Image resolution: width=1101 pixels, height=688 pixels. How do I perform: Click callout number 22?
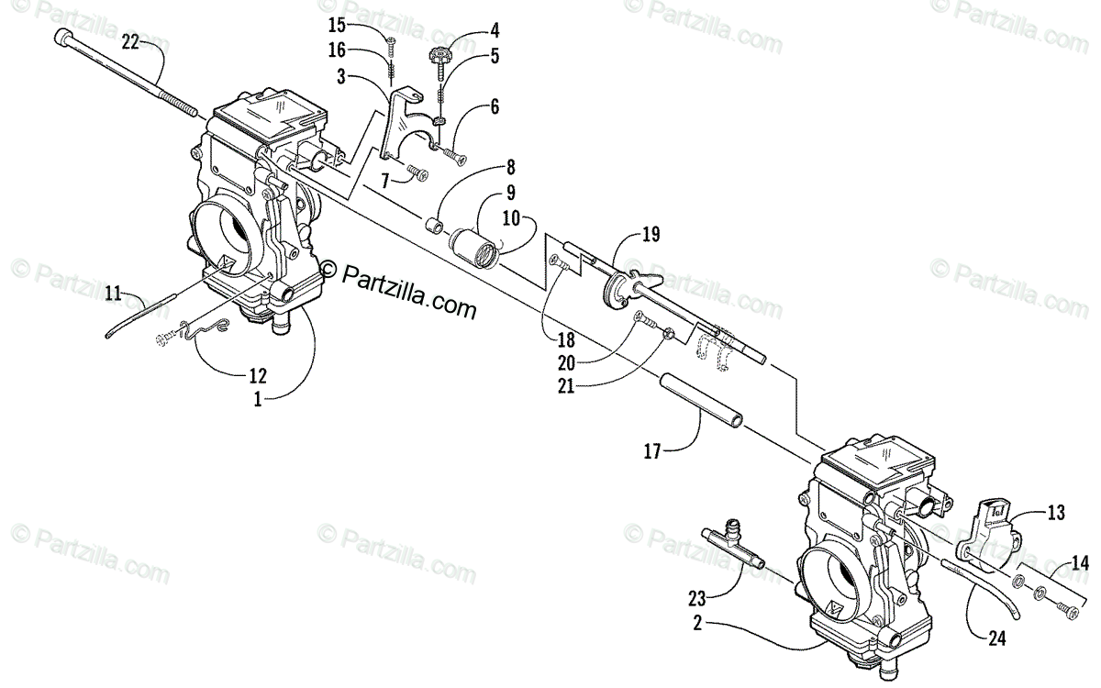[131, 42]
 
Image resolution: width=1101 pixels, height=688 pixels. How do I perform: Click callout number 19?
[651, 236]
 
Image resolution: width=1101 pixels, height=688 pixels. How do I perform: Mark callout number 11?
[113, 294]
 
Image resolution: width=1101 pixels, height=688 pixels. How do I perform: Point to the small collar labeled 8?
[433, 225]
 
